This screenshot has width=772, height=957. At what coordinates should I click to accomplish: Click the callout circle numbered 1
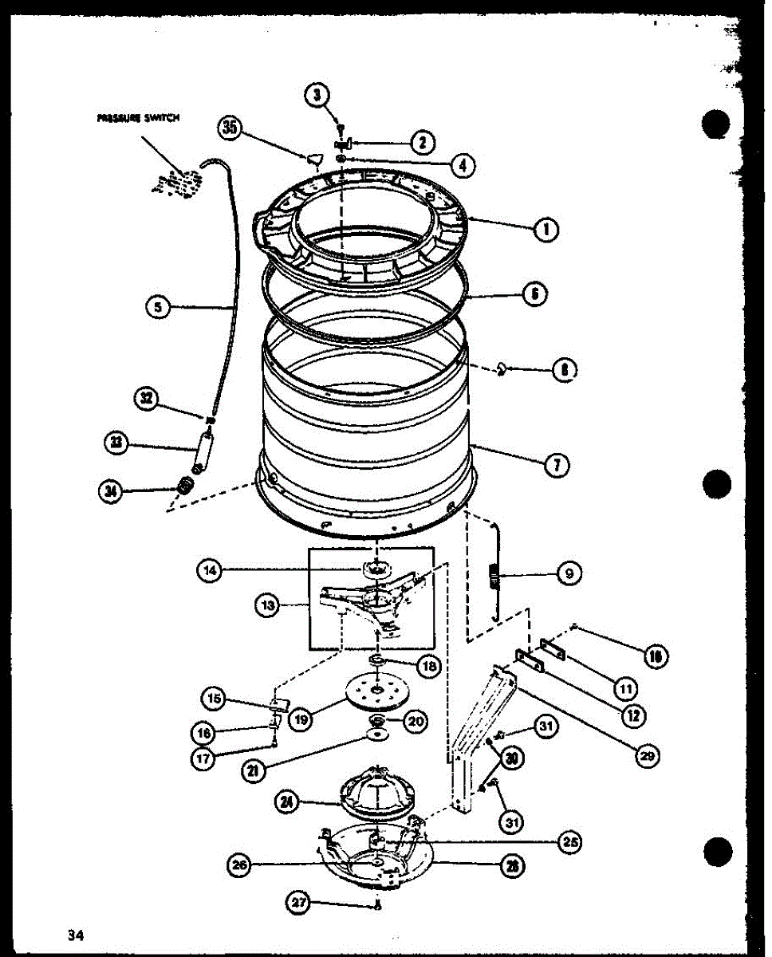[x=546, y=230]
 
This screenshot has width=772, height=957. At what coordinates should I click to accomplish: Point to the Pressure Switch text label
[x=138, y=117]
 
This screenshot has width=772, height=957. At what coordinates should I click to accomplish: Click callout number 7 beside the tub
[x=555, y=467]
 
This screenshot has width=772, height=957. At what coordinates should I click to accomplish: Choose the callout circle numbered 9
[x=569, y=573]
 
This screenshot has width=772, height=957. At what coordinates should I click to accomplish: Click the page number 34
[x=77, y=934]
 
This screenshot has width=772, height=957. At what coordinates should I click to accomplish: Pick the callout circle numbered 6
[x=534, y=293]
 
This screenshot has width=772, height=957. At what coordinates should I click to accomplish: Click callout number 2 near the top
[x=422, y=143]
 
